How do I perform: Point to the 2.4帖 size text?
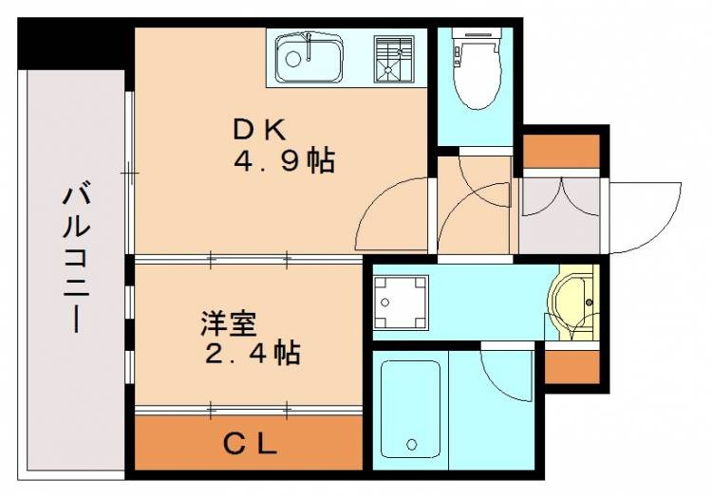pyautogui.click(x=253, y=354)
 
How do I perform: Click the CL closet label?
pyautogui.click(x=250, y=443)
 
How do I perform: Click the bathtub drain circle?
pyautogui.click(x=412, y=444)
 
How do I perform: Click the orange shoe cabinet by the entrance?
pyautogui.click(x=562, y=151)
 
